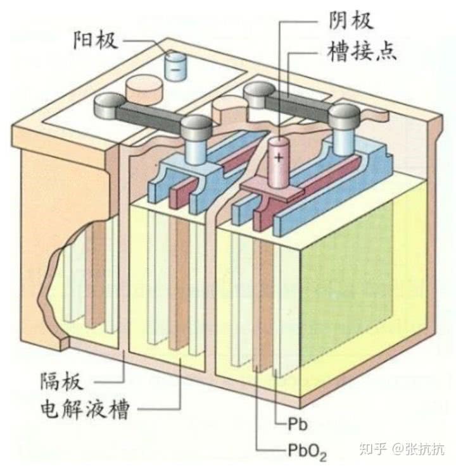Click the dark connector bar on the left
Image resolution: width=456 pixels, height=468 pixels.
click(x=148, y=116)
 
